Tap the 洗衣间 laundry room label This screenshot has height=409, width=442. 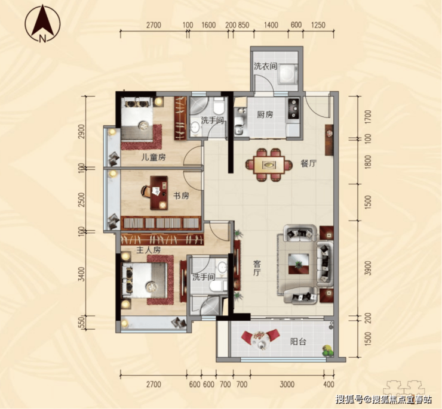pos(265,66)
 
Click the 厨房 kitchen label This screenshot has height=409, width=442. pos(265,114)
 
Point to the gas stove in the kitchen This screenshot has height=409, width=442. pos(294,108)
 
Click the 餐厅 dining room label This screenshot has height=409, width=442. pos(309,163)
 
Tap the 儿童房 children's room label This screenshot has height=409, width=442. pos(154,157)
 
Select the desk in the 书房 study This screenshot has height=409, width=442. pos(159,193)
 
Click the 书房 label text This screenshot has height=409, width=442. pos(181,196)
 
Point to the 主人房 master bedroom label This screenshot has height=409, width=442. pos(148,250)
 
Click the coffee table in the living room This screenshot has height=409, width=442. pos(299,264)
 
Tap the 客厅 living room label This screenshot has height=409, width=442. pos(257,268)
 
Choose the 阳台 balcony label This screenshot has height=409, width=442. pos(298,342)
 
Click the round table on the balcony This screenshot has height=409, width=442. pos(260,339)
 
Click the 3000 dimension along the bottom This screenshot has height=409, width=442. pos(287,384)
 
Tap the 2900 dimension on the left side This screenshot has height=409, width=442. pos(81,131)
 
